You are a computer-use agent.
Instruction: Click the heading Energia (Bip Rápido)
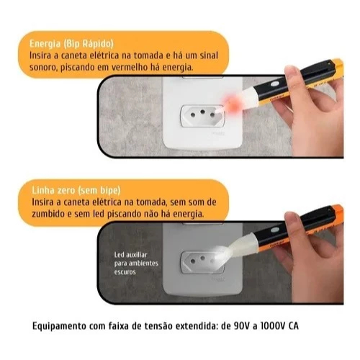pyautogui.click(x=71, y=44)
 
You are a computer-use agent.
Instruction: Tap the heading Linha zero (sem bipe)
pyautogui.click(x=76, y=190)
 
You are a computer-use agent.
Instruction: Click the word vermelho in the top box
pyautogui.click(x=129, y=68)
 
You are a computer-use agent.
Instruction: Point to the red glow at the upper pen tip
pyautogui.click(x=231, y=103)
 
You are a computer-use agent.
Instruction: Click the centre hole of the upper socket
pyautogui.click(x=203, y=112)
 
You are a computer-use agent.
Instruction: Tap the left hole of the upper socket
pyautogui.click(x=192, y=115)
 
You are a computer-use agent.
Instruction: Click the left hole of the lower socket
pyautogui.click(x=193, y=261)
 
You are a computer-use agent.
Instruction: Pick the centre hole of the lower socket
pyautogui.click(x=203, y=258)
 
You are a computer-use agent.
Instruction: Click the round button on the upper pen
pyautogui.click(x=275, y=84)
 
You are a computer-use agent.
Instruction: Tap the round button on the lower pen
pyautogui.click(x=274, y=230)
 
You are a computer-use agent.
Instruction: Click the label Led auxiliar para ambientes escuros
pyautogui.click(x=136, y=264)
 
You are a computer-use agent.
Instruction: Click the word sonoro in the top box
pyautogui.click(x=42, y=68)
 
